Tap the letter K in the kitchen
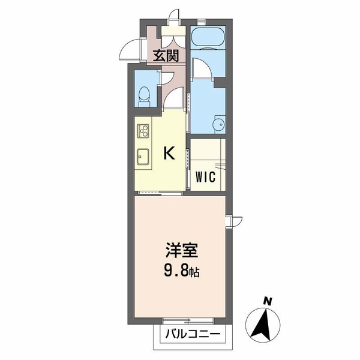coord(169,153)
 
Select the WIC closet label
coord(205,177)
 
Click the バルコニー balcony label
coord(193,334)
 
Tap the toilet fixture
coord(145,96)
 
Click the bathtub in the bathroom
coord(208,37)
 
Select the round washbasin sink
coord(219,124)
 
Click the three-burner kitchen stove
coord(143,131)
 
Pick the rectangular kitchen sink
coord(143,157)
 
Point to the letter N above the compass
coord(267,301)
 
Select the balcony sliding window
coord(188,320)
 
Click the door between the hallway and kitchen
coord(175,97)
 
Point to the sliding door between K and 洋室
coord(160,193)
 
